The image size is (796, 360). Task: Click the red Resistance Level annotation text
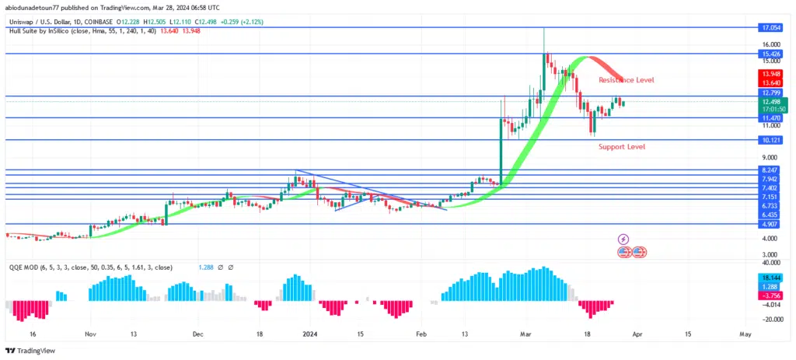(x=626, y=80)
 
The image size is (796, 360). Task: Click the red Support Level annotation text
(x=622, y=146)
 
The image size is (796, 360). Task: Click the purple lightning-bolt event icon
(x=623, y=239)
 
